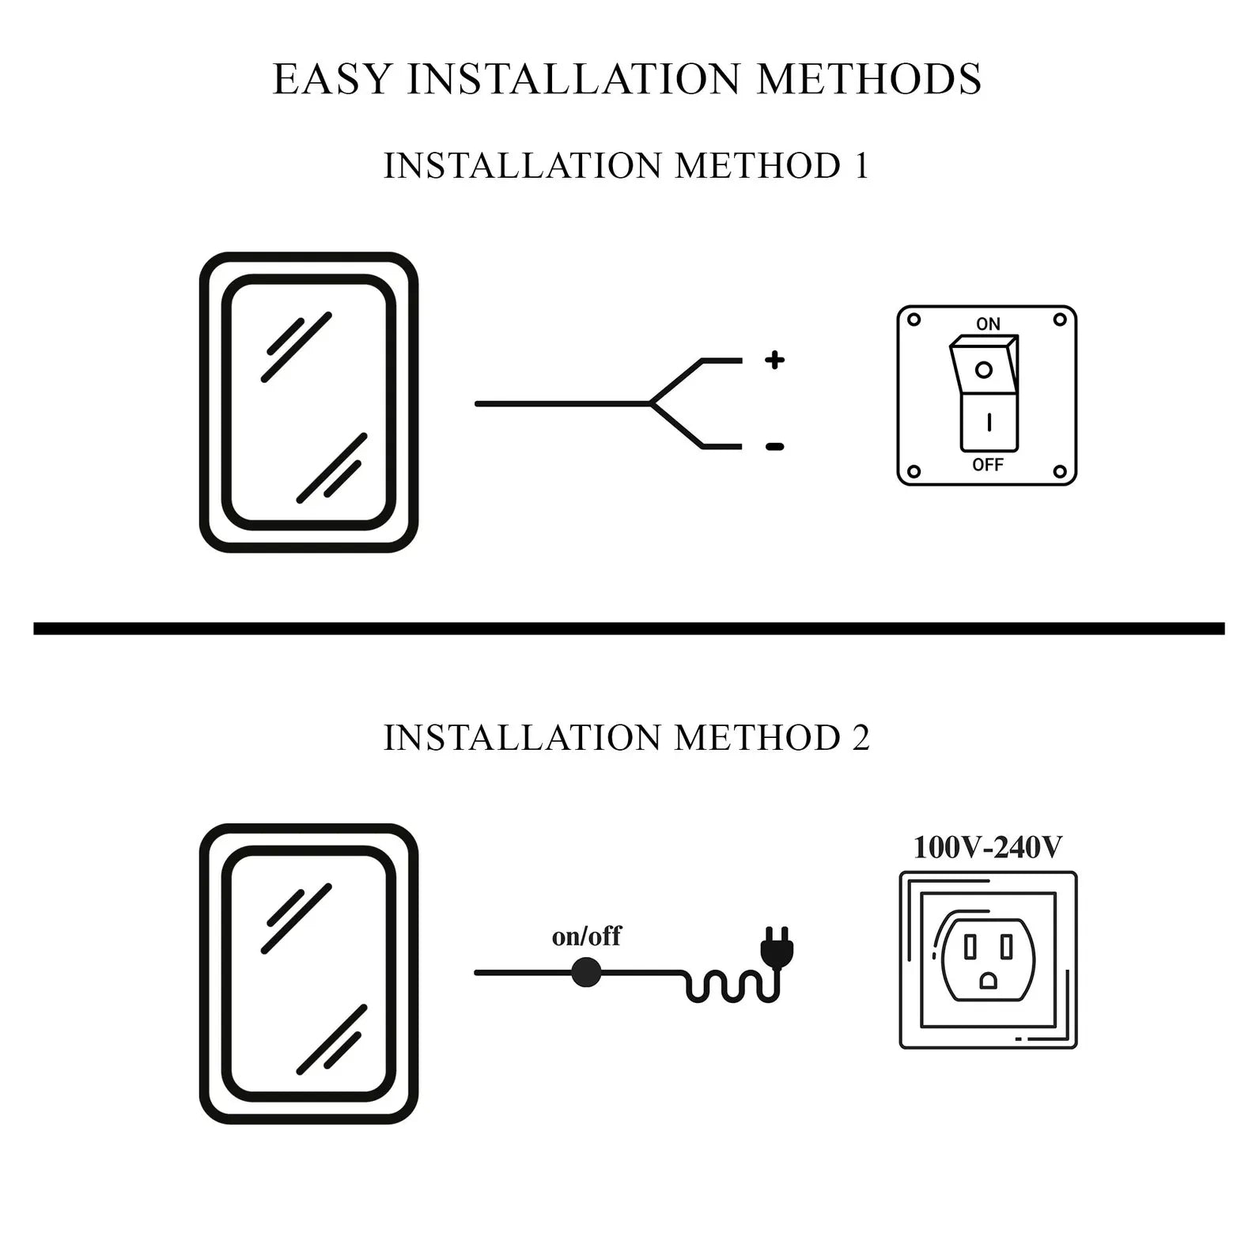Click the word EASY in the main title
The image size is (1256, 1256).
332,79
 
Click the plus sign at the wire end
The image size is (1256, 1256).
774,361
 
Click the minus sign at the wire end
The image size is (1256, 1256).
774,447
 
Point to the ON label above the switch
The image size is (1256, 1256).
988,323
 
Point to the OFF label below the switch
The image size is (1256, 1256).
988,465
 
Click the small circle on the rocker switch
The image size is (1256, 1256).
984,369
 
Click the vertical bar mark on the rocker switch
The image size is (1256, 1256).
989,423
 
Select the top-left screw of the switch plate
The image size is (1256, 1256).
914,320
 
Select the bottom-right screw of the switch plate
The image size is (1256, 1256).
1060,471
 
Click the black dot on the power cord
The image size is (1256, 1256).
586,972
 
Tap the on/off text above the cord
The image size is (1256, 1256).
586,936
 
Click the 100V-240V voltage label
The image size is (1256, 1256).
988,847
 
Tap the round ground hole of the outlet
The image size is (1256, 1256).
988,981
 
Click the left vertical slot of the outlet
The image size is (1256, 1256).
970,946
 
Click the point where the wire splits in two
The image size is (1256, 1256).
651,403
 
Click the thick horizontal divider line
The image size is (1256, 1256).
628,629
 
